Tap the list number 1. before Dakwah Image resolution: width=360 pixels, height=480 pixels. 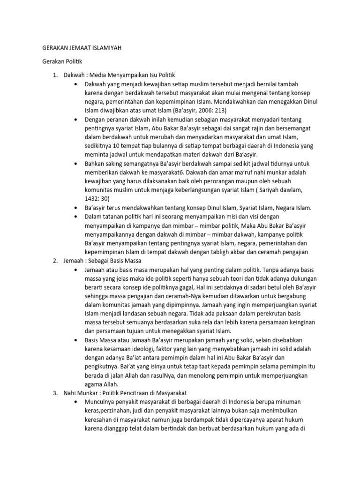click(56, 75)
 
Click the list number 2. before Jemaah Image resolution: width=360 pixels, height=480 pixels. click(56, 261)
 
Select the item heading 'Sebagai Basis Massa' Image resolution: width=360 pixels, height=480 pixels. click(114, 261)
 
